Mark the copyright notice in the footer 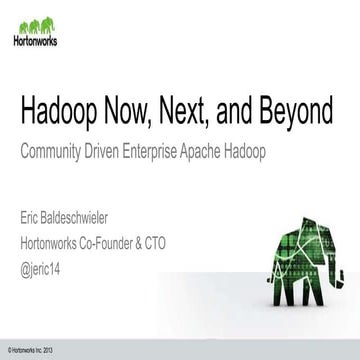point(27,346)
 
